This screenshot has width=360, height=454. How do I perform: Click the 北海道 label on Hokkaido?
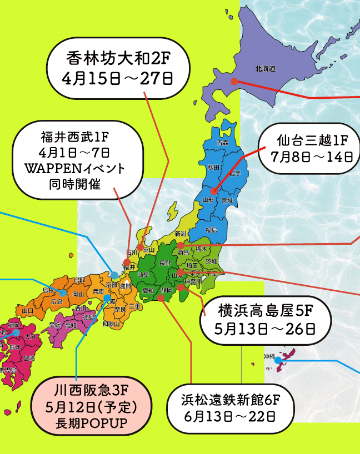[266, 69]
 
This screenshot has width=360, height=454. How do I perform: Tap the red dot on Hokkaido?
[234, 82]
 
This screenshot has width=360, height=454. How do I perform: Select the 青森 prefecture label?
[222, 143]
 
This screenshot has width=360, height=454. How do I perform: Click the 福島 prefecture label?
[211, 229]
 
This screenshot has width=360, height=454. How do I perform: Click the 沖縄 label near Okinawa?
[269, 356]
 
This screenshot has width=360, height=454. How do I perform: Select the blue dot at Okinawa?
[278, 360]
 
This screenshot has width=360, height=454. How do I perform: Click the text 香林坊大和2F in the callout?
[118, 57]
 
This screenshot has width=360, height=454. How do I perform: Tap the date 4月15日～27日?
[118, 78]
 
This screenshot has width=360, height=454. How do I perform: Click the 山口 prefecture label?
[28, 311]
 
